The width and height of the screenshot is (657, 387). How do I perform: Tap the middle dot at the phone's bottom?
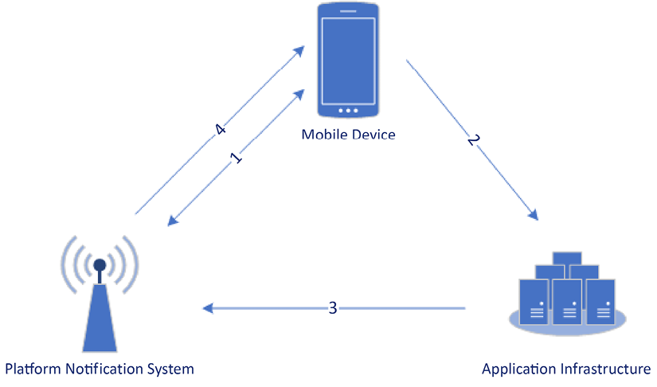(348, 111)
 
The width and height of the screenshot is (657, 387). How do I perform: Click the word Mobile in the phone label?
(322, 134)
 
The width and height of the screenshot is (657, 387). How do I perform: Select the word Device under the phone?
(371, 134)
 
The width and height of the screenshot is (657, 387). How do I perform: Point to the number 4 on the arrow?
(221, 128)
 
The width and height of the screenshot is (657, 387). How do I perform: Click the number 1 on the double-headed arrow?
(236, 157)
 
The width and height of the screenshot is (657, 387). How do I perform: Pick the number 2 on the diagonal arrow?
(473, 140)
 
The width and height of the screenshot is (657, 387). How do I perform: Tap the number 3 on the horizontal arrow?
(333, 307)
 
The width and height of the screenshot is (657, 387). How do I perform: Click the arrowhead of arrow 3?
(207, 307)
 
